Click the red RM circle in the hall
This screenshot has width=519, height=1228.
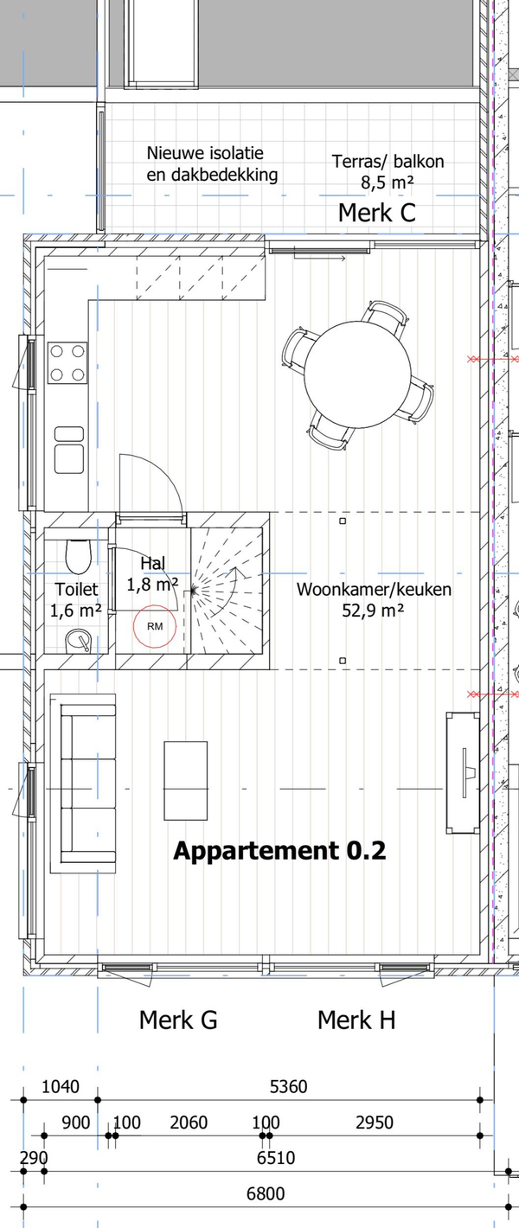tap(154, 605)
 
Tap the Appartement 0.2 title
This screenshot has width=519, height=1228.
tap(279, 850)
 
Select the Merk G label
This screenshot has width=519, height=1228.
tap(178, 1020)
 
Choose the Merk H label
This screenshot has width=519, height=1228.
tap(356, 1020)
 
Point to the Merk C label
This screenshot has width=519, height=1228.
tap(377, 213)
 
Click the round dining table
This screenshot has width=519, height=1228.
tap(358, 374)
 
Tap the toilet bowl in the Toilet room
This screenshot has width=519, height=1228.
tap(79, 556)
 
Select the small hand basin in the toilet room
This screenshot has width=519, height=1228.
tap(79, 642)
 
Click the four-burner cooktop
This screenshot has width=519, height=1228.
tap(67, 363)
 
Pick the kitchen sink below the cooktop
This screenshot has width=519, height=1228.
tap(69, 450)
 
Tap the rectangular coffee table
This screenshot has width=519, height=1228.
tap(186, 781)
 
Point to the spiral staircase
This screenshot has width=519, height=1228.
tap(226, 591)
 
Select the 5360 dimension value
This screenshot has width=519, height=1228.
tap(289, 1086)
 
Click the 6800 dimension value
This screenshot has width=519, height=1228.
tap(266, 1193)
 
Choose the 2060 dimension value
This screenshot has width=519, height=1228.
tap(189, 1122)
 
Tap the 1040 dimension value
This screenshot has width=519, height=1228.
tap(61, 1086)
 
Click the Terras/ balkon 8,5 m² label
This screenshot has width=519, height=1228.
tap(388, 171)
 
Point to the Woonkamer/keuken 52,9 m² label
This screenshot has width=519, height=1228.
tap(375, 600)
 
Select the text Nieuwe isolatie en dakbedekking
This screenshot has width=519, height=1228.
tap(212, 164)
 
